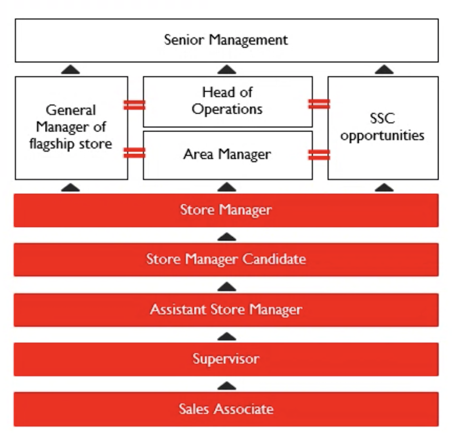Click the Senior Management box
point(226,40)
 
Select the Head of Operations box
point(228,102)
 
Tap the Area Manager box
point(228,155)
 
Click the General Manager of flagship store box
point(71,128)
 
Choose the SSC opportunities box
point(383,128)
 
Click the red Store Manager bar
point(226,210)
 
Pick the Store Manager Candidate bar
point(226,259)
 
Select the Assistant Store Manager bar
point(226,310)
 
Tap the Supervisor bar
point(226,359)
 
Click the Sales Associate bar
point(226,409)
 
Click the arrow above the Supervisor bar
point(226,336)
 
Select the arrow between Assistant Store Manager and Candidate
point(226,287)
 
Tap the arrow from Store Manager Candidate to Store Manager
point(226,237)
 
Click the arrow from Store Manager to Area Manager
point(226,187)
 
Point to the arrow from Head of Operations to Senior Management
point(226,70)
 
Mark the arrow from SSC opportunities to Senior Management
point(384,70)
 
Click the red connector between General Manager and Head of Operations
point(134,105)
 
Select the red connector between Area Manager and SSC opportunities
point(319,155)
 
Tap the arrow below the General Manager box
point(71,187)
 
